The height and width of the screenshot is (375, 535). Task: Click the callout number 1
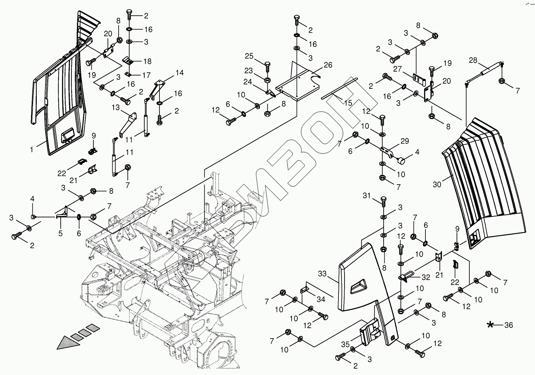[x=32, y=149]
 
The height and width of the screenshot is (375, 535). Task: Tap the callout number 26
[x=328, y=65]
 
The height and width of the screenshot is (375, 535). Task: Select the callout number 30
[x=437, y=184]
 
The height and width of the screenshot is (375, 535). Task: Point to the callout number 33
[x=322, y=274]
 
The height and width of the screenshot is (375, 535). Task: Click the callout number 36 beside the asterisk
[x=508, y=325]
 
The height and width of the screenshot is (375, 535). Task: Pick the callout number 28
[x=473, y=60]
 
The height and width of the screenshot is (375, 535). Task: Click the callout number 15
[x=348, y=103]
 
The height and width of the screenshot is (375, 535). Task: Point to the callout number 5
[x=60, y=233]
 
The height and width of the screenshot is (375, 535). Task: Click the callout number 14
[x=179, y=73]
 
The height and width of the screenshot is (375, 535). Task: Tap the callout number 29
[x=405, y=141]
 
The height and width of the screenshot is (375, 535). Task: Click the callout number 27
[x=398, y=69]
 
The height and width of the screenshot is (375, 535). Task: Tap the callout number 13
[x=116, y=107]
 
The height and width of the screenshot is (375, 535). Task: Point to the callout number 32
[x=426, y=277]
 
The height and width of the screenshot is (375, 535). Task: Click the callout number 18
[x=147, y=61]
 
